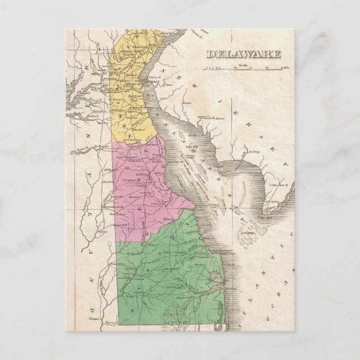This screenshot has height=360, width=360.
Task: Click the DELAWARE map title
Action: pyautogui.click(x=244, y=54)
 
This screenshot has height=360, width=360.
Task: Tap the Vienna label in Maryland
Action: pyautogui.click(x=93, y=317)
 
